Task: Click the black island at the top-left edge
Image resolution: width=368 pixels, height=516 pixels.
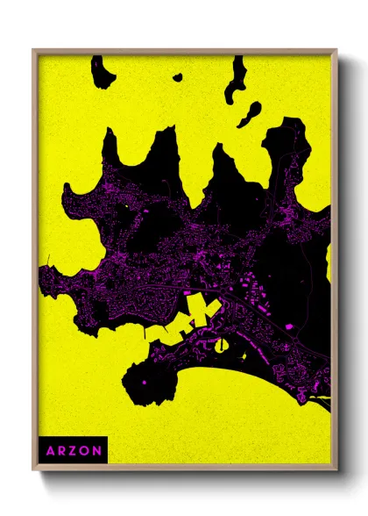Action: click(103, 74)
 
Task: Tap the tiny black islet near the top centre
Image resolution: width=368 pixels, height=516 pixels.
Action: click(177, 77)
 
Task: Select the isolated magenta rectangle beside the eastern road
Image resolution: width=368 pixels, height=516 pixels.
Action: click(288, 326)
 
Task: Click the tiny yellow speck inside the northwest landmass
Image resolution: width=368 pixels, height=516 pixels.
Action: click(129, 205)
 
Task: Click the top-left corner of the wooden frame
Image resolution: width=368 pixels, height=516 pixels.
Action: click(34, 51)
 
